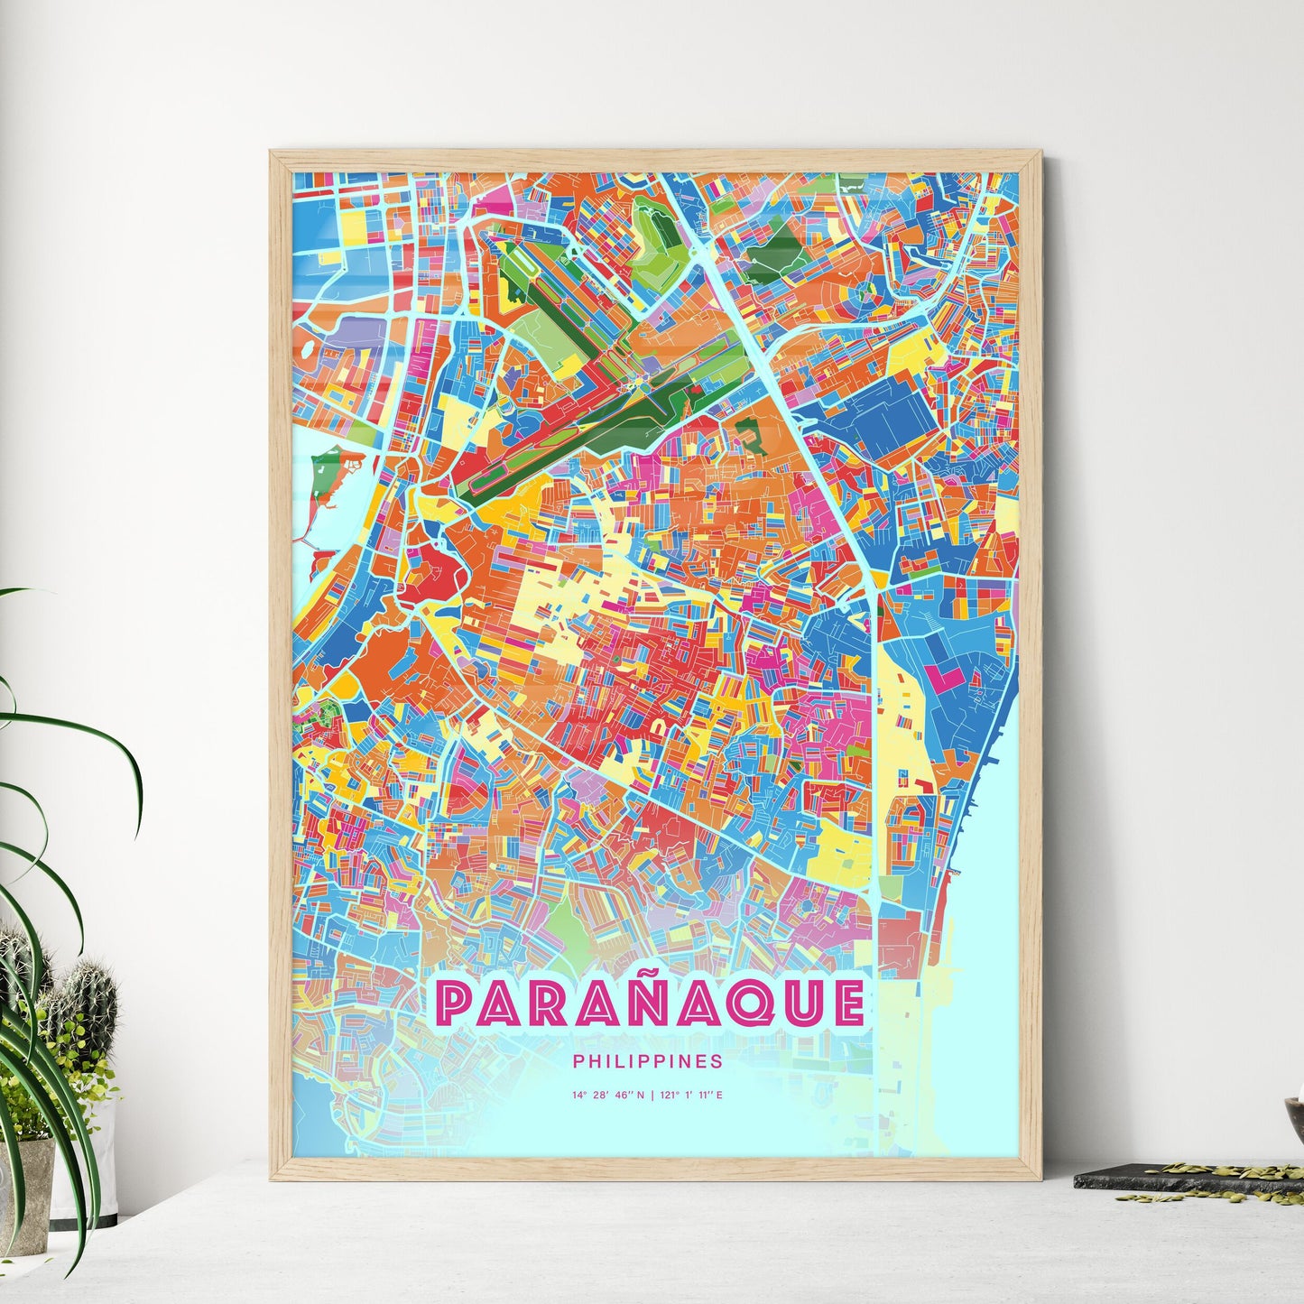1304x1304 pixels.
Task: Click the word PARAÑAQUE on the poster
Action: [x=649, y=1004]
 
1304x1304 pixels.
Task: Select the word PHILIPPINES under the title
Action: [x=647, y=1061]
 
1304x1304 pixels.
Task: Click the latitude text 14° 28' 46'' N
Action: [x=608, y=1096]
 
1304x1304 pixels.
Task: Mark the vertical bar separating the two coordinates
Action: [x=652, y=1096]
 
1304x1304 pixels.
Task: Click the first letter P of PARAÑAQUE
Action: [x=454, y=1005]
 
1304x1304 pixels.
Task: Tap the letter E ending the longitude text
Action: [x=719, y=1096]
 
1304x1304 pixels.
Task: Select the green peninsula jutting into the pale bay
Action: [x=323, y=469]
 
